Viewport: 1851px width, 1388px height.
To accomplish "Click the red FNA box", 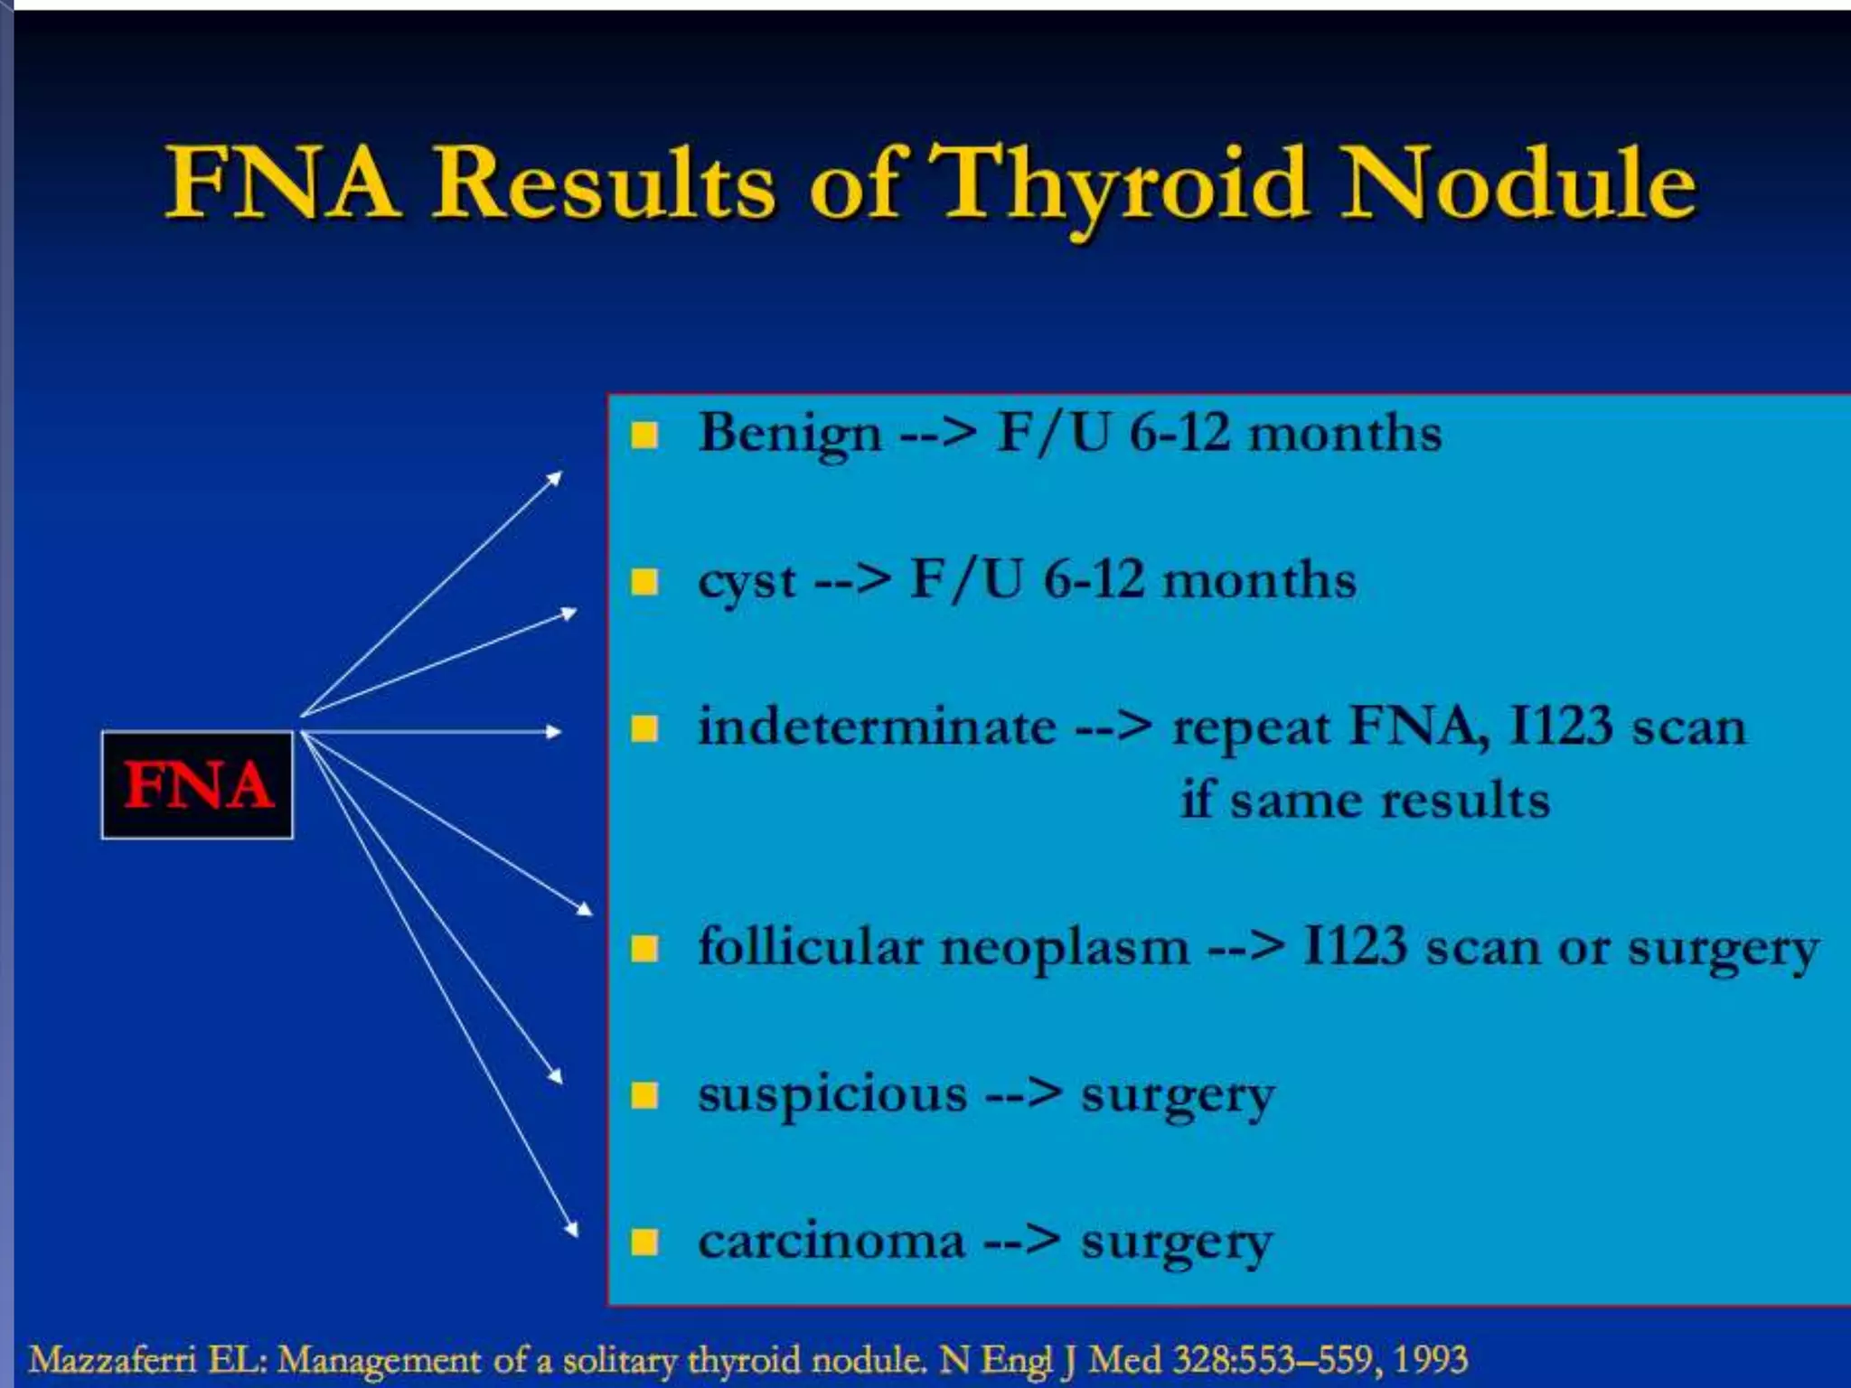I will tap(197, 784).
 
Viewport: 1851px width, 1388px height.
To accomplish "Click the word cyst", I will tap(747, 581).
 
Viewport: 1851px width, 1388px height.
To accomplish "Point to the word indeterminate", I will tap(877, 727).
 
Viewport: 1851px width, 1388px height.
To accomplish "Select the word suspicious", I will tap(832, 1094).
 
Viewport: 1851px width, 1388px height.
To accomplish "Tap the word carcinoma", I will tap(832, 1242).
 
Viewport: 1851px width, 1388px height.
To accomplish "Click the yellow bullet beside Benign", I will tap(644, 436).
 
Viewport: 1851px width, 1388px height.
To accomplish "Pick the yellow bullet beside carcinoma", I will tap(644, 1243).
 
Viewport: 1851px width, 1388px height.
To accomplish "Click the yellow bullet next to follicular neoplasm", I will tap(644, 949).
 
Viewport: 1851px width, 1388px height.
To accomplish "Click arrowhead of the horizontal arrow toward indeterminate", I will tap(554, 731).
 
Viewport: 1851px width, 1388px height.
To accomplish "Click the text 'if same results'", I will tap(1365, 801).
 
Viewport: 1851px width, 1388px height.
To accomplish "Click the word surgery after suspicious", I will tap(1178, 1096).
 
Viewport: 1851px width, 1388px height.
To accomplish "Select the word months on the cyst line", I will tap(1259, 581).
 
